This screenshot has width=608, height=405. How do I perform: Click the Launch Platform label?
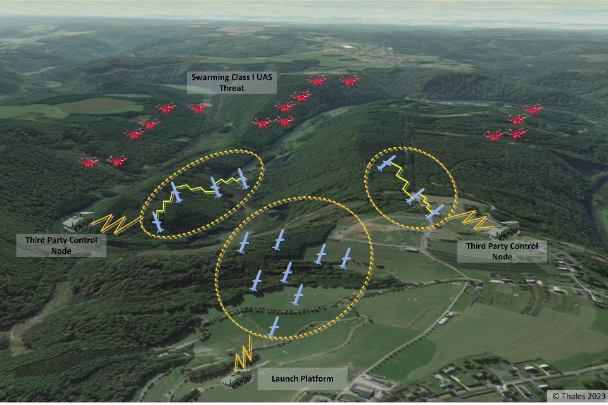[302, 378]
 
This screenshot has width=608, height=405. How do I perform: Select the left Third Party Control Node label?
[61, 245]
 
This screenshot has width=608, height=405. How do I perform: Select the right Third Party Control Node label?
[502, 251]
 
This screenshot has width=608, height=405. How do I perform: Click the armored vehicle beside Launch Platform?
[237, 379]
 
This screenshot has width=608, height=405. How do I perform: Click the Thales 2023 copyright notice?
[578, 396]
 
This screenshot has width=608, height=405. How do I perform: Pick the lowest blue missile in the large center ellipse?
[274, 327]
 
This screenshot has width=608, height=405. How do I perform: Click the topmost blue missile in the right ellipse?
[386, 163]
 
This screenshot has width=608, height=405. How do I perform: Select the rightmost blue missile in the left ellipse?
[242, 178]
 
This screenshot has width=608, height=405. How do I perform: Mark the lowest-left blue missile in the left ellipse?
[158, 221]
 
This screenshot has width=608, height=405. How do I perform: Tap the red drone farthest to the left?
[89, 163]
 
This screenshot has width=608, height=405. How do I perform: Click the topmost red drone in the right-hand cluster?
[533, 109]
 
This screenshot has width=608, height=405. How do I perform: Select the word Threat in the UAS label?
[231, 89]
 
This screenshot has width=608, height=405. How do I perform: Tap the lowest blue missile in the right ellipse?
[434, 213]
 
